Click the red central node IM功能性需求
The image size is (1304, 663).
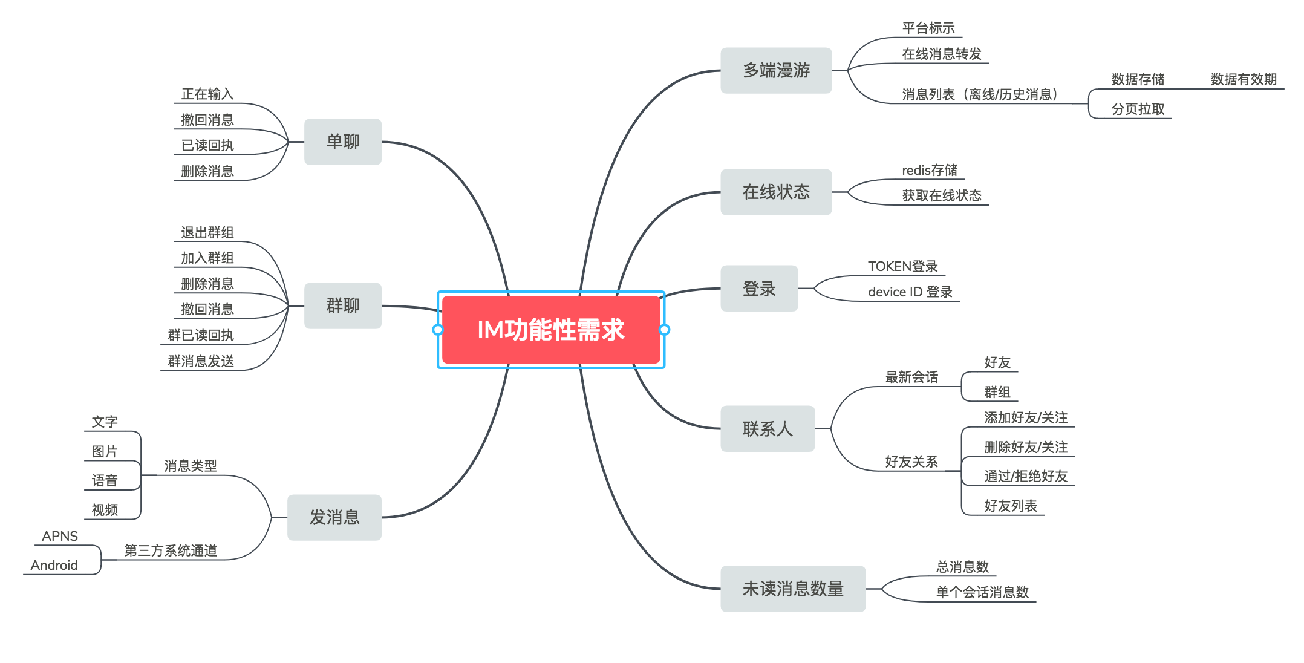[550, 330]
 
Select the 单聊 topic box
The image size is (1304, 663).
[343, 142]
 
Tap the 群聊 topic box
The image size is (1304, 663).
[343, 305]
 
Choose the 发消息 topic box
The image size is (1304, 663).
[334, 517]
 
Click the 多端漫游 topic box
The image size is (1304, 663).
[776, 70]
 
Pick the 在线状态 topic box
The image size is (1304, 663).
[776, 192]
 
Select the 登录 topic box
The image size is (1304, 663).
[759, 289]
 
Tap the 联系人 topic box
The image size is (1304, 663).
[768, 429]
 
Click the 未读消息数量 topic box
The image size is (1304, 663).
[793, 589]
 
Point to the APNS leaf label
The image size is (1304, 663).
[60, 536]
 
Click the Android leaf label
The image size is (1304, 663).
[54, 565]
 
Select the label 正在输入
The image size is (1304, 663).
[207, 94]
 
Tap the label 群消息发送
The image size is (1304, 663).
[201, 361]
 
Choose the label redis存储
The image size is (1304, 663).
[930, 170]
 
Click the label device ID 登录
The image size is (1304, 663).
[910, 292]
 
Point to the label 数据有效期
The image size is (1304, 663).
[1244, 79]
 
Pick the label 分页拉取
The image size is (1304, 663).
[1138, 109]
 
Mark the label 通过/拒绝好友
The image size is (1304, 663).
[1026, 476]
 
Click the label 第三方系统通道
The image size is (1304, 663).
[171, 550]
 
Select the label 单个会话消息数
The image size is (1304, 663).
[982, 592]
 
